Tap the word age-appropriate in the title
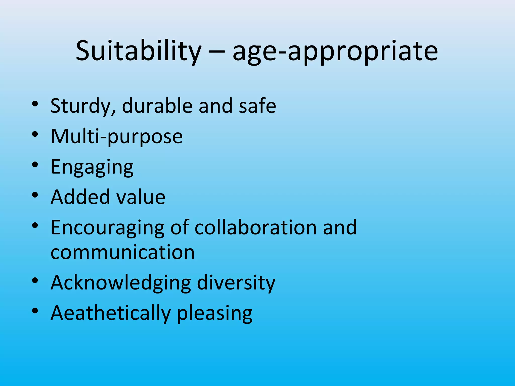pyautogui.click(x=335, y=52)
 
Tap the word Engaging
pyautogui.click(x=92, y=167)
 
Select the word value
pyautogui.click(x=140, y=197)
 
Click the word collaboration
pyautogui.click(x=256, y=227)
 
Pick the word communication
pyautogui.click(x=123, y=252)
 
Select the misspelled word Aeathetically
pyautogui.click(x=111, y=313)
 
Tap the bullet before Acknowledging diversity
pyautogui.click(x=35, y=280)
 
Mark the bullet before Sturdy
pyautogui.click(x=35, y=104)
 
